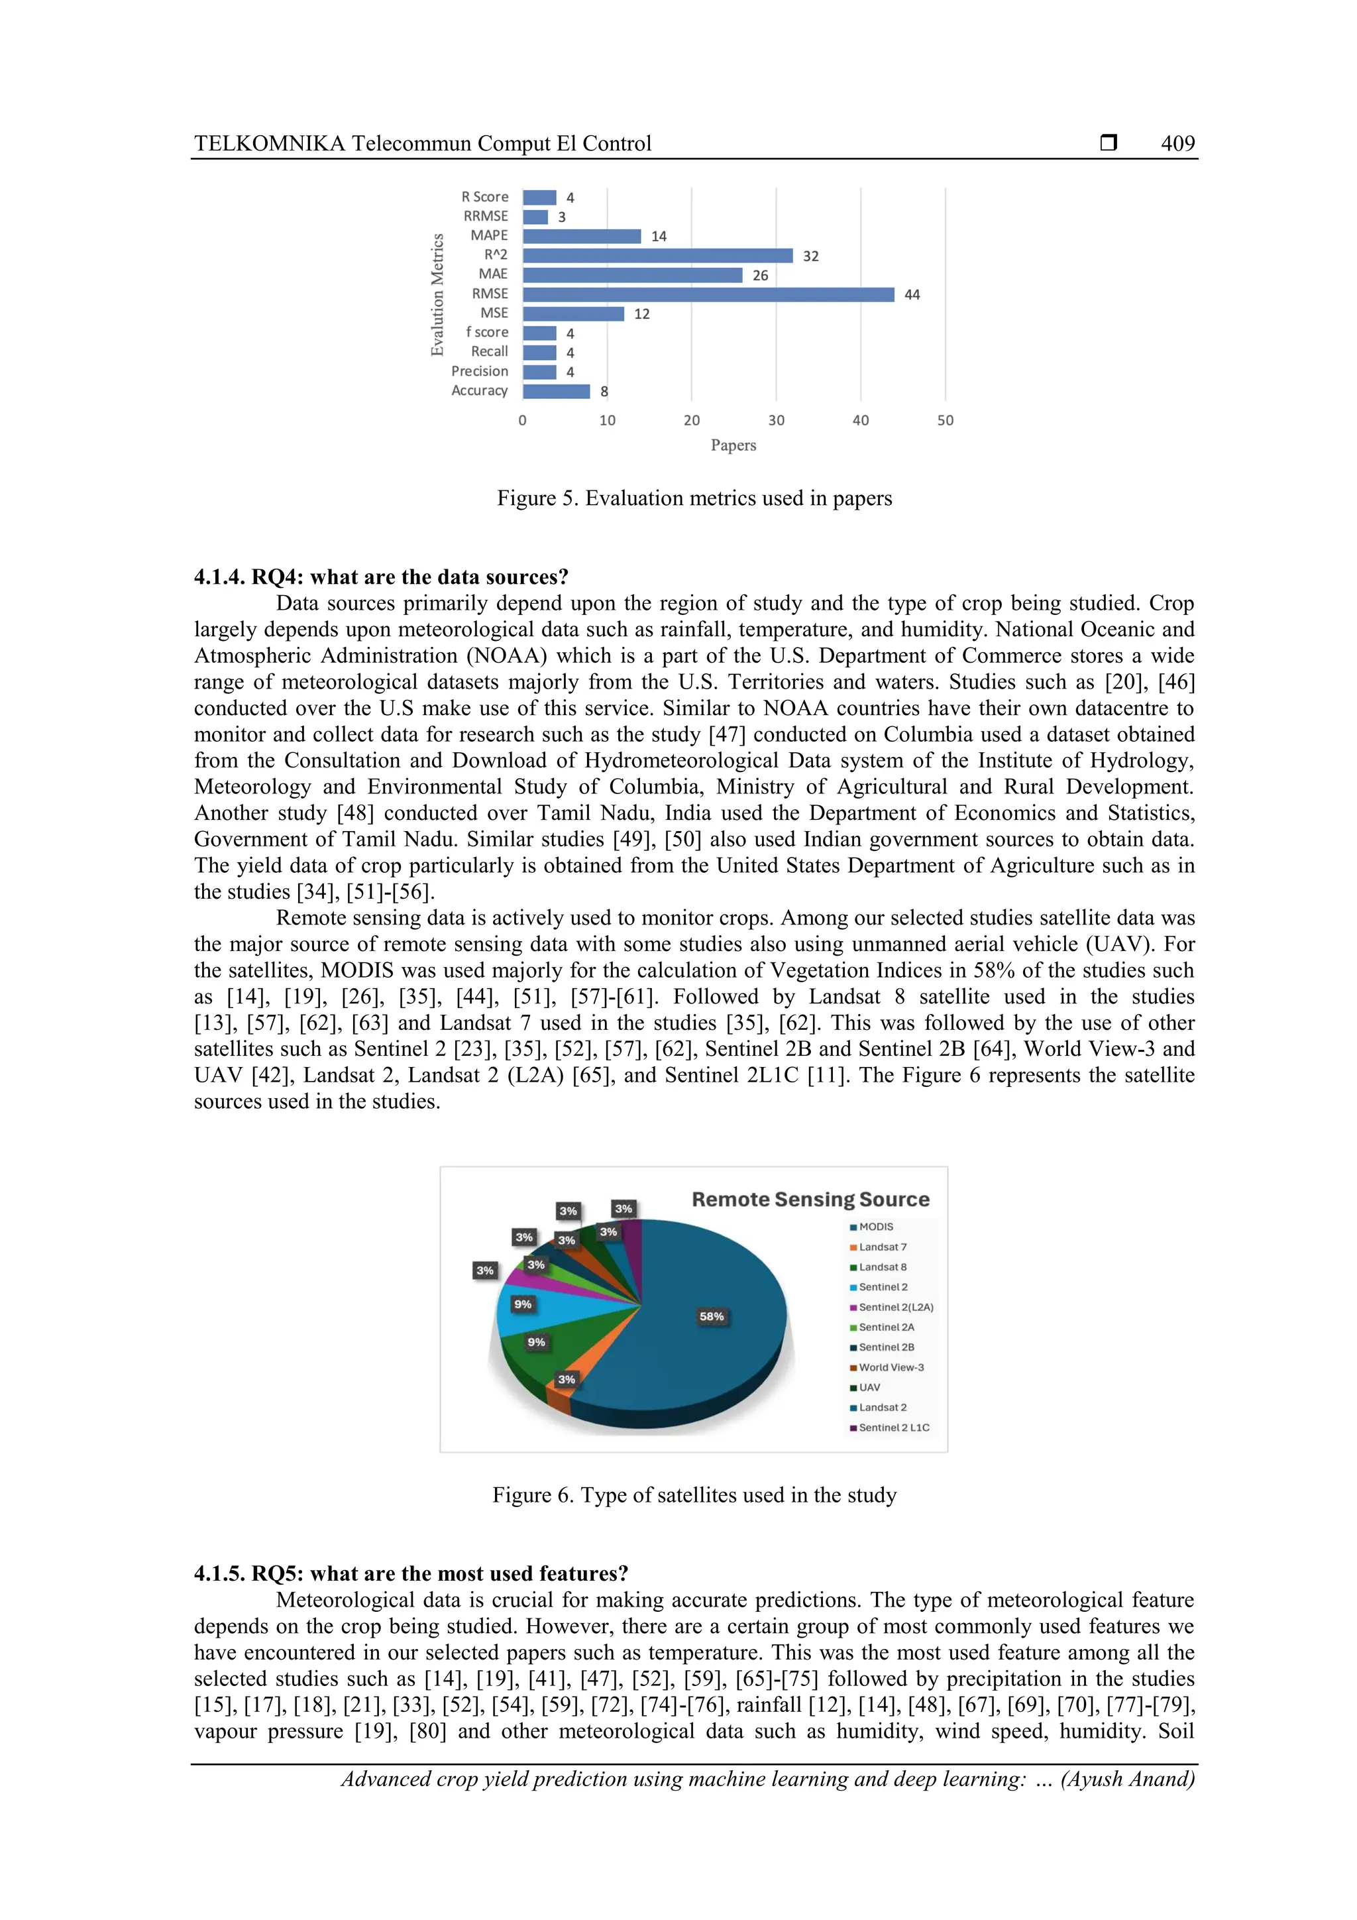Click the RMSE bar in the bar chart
pos(708,294)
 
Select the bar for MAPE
pos(581,237)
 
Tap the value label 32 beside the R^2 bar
pos(810,256)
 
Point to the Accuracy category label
pos(479,390)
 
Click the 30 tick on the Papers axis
pos(776,421)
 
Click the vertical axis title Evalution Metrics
pos(437,294)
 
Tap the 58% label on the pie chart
pos(712,1316)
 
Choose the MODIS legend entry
pos(875,1227)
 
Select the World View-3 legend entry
pos(891,1367)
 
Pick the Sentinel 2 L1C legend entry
pos(893,1428)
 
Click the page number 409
pos(1177,143)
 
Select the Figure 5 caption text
pos(694,498)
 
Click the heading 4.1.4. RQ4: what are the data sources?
pos(381,577)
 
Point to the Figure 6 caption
pos(694,1495)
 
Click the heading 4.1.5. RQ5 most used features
pos(411,1574)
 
